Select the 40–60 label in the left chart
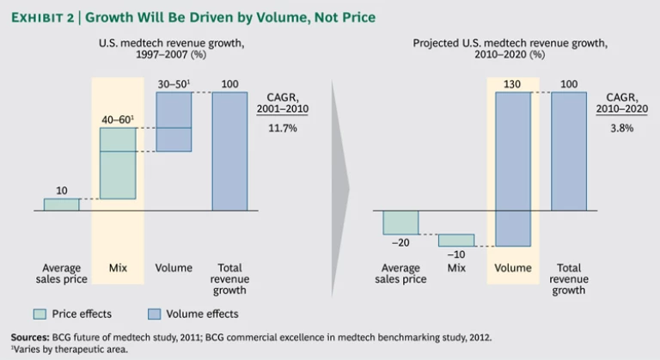coord(116,118)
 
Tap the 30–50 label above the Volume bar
coord(173,82)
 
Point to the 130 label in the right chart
coord(512,82)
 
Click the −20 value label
coord(400,243)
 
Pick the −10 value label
coord(455,255)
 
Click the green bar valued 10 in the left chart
coord(61,204)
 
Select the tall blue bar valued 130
coord(512,168)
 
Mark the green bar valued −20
coord(400,222)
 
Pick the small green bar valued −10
coord(455,240)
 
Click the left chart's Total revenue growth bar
coord(229,150)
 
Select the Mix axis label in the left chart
coord(118,268)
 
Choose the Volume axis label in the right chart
coord(512,268)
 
